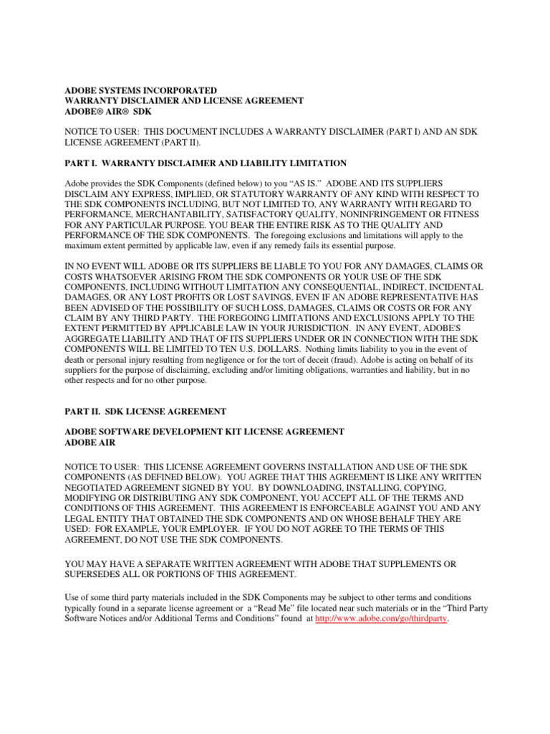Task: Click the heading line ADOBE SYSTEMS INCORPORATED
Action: pos(140,91)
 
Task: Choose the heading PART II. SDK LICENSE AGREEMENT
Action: pos(145,411)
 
